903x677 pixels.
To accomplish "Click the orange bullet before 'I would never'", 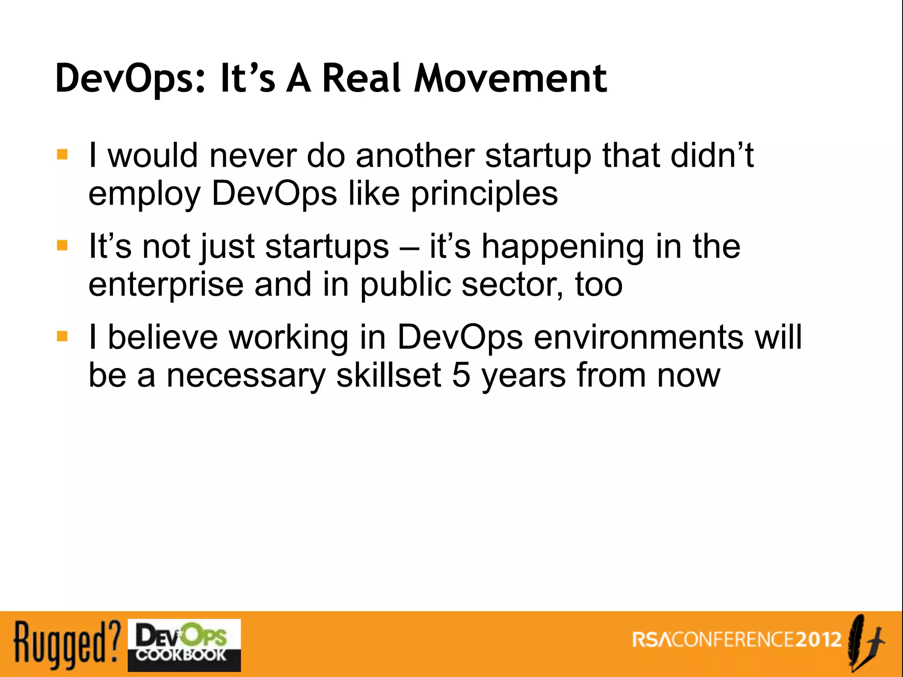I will coord(62,155).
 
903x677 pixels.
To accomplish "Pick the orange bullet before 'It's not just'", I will coord(62,245).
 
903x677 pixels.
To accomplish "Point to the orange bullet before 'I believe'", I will coord(62,336).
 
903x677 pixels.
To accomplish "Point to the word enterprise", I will coord(166,286).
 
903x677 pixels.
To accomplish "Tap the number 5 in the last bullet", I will coord(461,376).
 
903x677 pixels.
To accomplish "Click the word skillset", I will coord(388,376).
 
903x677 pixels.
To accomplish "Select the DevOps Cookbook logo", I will coord(184,645).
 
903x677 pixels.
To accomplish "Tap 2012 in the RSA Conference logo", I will coord(819,640).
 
